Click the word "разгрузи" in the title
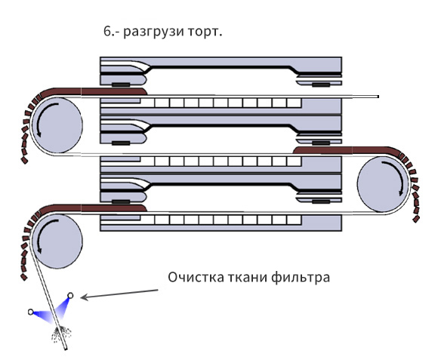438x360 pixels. point(153,32)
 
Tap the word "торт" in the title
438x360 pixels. point(203,32)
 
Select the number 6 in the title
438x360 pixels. point(107,31)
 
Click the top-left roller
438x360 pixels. point(57,125)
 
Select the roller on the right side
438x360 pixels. point(382,184)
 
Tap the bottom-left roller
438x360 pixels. point(57,242)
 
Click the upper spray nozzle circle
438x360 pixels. point(70,295)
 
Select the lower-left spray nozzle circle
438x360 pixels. point(31,312)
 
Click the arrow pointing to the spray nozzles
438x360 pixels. point(119,294)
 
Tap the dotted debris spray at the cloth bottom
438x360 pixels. point(61,334)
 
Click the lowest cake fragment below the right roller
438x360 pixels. point(416,219)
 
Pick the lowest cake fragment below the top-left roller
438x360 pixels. point(25,160)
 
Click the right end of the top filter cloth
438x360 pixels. point(378,97)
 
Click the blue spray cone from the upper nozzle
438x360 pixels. point(63,309)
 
